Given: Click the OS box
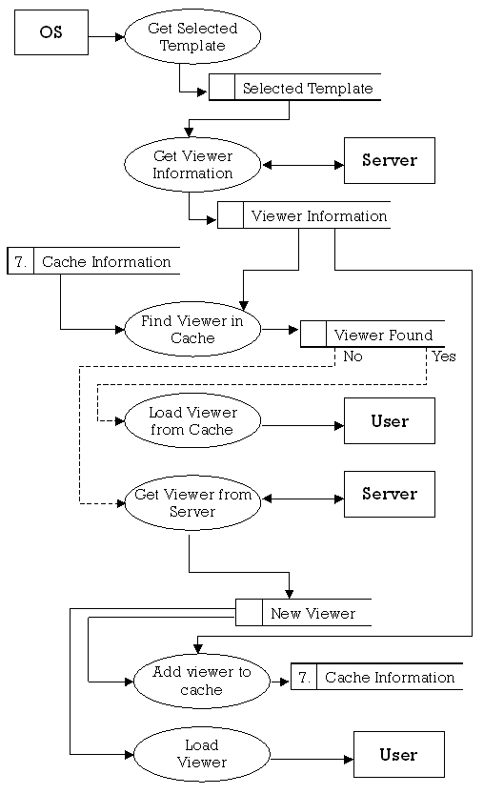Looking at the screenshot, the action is (x=51, y=32).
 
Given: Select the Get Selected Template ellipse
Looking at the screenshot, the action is (x=192, y=36).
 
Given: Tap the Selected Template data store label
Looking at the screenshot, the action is (x=308, y=88).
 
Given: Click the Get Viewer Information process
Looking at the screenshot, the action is (x=192, y=165).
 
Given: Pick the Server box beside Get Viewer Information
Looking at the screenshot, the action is (x=389, y=160).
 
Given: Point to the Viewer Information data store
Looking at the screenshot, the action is (x=304, y=215).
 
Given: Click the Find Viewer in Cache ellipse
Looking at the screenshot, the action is (x=192, y=329).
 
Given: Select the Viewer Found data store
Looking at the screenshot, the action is (x=373, y=334).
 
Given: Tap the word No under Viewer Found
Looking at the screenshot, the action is (x=353, y=356).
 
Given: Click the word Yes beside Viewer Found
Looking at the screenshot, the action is (x=444, y=356).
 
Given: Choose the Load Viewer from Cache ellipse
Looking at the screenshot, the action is (x=192, y=420).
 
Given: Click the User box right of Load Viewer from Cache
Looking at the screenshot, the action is (x=389, y=420).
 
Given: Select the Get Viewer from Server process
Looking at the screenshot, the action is (x=192, y=503).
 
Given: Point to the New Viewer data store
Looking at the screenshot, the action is (x=304, y=613).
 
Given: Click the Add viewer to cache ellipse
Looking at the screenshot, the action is (x=201, y=682).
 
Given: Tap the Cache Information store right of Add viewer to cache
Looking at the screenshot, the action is (x=377, y=677).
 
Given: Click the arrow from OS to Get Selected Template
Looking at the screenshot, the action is (x=107, y=36).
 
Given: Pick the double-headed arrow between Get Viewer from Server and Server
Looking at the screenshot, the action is (x=303, y=499).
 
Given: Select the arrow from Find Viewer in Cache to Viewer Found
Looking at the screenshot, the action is (x=280, y=330).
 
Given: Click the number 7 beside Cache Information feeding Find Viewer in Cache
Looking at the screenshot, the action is (x=20, y=262).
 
